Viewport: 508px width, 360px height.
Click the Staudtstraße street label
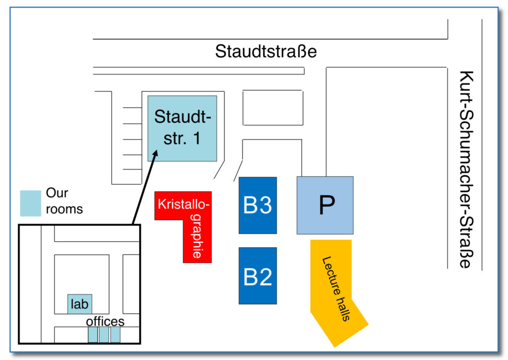pos(265,52)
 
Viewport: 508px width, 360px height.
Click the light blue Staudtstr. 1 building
pos(182,128)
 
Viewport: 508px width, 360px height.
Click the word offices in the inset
pos(105,321)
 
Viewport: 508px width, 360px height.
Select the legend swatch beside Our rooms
pos(30,203)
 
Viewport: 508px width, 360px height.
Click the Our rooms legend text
pos(64,201)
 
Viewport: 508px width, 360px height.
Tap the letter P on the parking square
pos(325,206)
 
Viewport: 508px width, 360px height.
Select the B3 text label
pos(257,205)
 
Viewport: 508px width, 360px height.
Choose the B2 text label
pos(257,277)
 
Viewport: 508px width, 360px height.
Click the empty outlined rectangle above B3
pos(272,108)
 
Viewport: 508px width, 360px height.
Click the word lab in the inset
pos(80,303)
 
